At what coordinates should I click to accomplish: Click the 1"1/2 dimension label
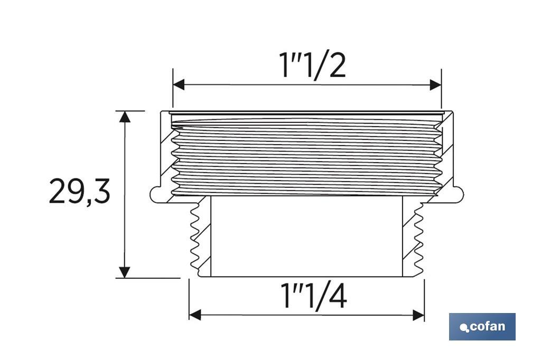313,65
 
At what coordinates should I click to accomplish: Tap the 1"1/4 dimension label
314,297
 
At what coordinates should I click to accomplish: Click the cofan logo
482,327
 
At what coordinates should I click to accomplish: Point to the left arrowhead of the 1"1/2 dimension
179,85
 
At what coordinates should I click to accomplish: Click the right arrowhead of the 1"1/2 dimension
436,85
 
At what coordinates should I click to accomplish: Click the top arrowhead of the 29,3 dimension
124,117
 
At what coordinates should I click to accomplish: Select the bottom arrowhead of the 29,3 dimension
124,272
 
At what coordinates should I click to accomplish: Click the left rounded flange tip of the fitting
154,194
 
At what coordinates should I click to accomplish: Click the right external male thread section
418,238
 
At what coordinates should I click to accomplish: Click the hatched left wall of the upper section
167,153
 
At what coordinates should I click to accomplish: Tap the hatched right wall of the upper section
446,153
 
